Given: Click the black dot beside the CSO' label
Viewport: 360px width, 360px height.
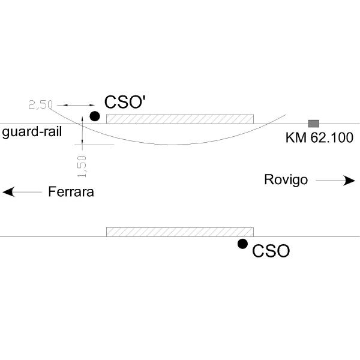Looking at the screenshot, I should point(94,116).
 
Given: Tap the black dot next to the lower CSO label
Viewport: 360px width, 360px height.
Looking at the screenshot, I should point(242,244).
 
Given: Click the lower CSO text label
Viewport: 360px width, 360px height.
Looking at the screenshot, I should point(271,251).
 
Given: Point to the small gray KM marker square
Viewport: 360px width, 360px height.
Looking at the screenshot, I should point(313,123).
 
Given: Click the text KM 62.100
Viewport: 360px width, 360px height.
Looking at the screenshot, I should point(319,138).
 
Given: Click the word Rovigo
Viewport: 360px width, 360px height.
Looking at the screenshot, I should point(286,180).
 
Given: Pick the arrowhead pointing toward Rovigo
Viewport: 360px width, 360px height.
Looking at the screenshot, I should point(350,180).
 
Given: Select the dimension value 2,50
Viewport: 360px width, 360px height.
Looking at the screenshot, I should point(41,105).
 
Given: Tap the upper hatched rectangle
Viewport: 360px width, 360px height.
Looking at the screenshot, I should point(180,118).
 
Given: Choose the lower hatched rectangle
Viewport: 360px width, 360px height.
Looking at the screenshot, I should point(180,232).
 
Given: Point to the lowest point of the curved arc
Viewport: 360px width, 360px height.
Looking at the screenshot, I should point(171,144).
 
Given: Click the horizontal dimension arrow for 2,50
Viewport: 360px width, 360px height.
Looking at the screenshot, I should point(76,106).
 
